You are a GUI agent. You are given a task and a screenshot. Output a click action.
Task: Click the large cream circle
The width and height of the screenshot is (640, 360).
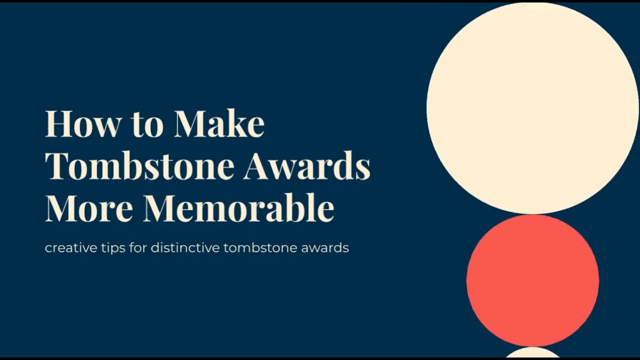click(x=532, y=107)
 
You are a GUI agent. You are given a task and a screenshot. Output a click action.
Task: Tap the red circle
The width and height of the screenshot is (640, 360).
click(x=532, y=280)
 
